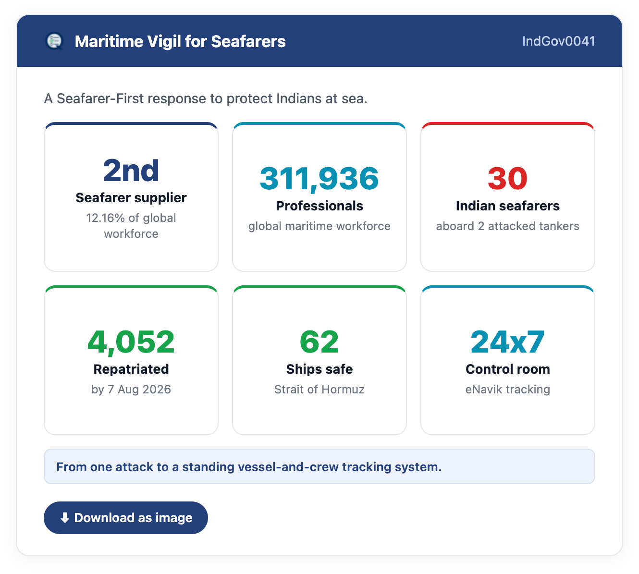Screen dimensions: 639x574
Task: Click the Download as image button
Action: [x=125, y=517]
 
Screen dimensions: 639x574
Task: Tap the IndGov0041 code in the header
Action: [x=558, y=41]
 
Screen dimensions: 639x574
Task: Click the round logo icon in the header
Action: [x=54, y=41]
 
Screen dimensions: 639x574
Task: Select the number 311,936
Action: [x=319, y=179]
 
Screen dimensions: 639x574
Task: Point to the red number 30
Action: [x=507, y=179]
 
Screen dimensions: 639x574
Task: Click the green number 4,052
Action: [x=131, y=342]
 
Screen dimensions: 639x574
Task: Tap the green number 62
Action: [x=319, y=342]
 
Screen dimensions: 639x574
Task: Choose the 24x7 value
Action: [x=507, y=342]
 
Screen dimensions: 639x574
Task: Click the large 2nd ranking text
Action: [x=131, y=171]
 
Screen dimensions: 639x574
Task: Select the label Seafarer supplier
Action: [x=131, y=198]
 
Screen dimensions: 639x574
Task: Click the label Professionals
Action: [x=319, y=206]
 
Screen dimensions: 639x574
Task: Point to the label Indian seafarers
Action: [x=507, y=206]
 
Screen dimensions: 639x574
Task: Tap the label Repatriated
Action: [x=131, y=369]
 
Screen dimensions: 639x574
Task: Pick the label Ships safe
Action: [x=319, y=369]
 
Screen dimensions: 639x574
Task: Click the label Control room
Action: [x=507, y=369]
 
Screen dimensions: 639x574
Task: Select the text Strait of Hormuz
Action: [x=319, y=389]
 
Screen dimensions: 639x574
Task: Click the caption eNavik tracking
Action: [x=507, y=390]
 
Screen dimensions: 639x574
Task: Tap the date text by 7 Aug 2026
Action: [x=131, y=390]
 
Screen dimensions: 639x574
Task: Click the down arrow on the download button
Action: [x=65, y=518]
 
